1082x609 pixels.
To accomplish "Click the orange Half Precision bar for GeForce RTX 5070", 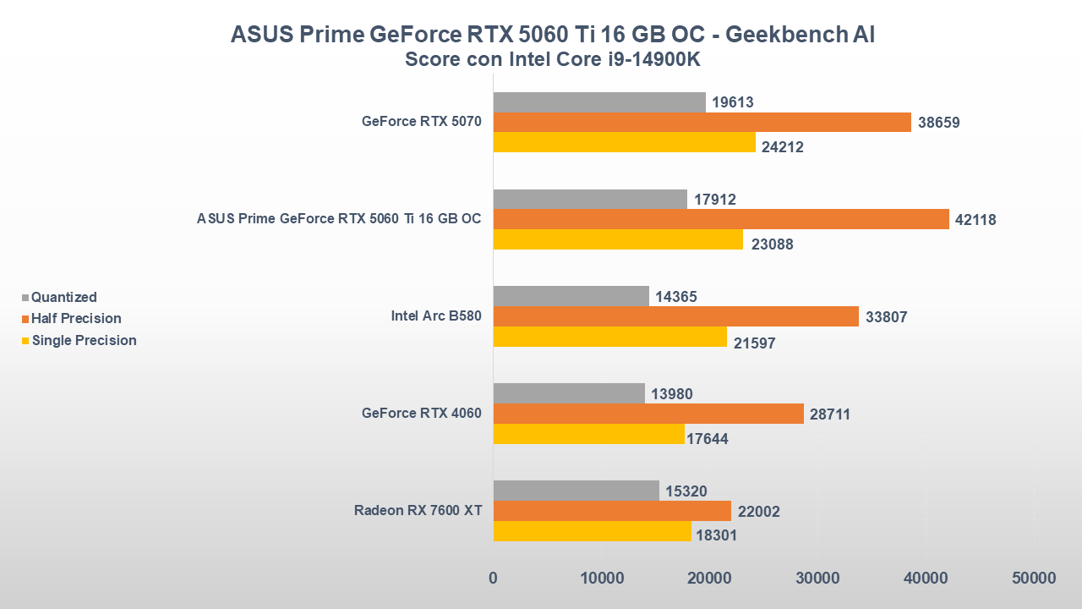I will coord(702,122).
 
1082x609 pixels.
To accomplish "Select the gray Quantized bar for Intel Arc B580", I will coord(571,296).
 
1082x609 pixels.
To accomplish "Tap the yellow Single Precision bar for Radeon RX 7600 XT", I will coord(592,531).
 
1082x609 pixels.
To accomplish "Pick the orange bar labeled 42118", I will coord(720,219).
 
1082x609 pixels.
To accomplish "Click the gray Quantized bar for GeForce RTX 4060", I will coord(568,393).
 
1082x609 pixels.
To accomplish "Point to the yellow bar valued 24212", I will coord(624,142).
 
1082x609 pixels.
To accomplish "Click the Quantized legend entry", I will coord(63,297).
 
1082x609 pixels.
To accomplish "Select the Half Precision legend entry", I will coord(76,319).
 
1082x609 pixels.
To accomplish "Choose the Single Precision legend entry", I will coord(84,340).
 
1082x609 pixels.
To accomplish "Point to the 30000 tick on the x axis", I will coord(817,579).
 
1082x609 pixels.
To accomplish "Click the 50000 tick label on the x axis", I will coord(1034,579).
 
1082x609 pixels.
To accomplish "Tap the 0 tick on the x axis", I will coord(493,579).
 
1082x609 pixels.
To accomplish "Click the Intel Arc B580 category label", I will coord(435,316).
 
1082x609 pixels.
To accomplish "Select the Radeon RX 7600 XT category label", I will coord(418,510).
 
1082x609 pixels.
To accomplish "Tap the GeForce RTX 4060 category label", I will coord(421,413).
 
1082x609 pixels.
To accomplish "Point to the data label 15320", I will coord(686,491).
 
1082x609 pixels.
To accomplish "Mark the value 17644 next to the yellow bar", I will coord(707,439).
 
